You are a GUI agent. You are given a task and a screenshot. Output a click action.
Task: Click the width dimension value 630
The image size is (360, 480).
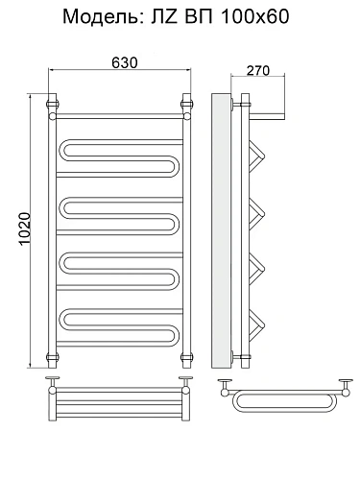[125, 62]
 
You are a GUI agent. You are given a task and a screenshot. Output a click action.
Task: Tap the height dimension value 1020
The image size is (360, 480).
[25, 228]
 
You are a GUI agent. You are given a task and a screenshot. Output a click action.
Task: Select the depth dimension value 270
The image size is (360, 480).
[258, 70]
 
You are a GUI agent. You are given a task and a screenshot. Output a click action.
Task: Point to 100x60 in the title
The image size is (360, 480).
[254, 16]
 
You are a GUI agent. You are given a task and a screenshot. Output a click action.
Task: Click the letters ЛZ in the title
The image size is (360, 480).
[163, 16]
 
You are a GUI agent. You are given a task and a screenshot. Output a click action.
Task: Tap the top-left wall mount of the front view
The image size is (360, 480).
[53, 104]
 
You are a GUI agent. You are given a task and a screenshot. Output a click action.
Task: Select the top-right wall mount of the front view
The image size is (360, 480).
[186, 104]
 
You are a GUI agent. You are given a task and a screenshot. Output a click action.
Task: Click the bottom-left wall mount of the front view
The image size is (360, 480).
[53, 357]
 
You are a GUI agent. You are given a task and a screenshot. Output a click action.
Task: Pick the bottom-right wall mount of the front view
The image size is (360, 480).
[186, 357]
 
